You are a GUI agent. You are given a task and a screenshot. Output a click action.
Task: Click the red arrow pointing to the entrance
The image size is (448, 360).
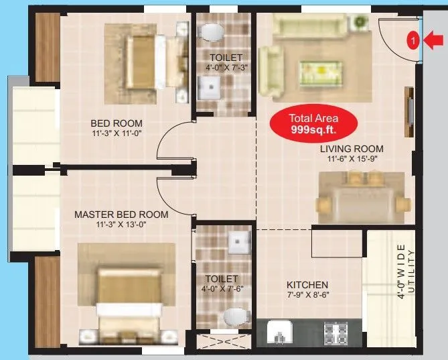(x=434, y=41)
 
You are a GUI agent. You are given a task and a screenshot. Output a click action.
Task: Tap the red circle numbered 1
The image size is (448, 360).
(x=414, y=41)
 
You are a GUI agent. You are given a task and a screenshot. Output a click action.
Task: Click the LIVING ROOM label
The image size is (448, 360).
(x=351, y=149)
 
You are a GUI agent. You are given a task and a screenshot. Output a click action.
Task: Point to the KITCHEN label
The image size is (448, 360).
(x=307, y=284)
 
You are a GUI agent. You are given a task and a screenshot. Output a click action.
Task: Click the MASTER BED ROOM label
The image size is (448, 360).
(x=121, y=215)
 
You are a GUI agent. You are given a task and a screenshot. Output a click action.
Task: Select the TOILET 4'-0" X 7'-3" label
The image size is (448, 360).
(x=225, y=62)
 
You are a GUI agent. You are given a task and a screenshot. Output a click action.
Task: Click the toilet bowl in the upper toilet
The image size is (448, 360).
(x=212, y=31)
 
